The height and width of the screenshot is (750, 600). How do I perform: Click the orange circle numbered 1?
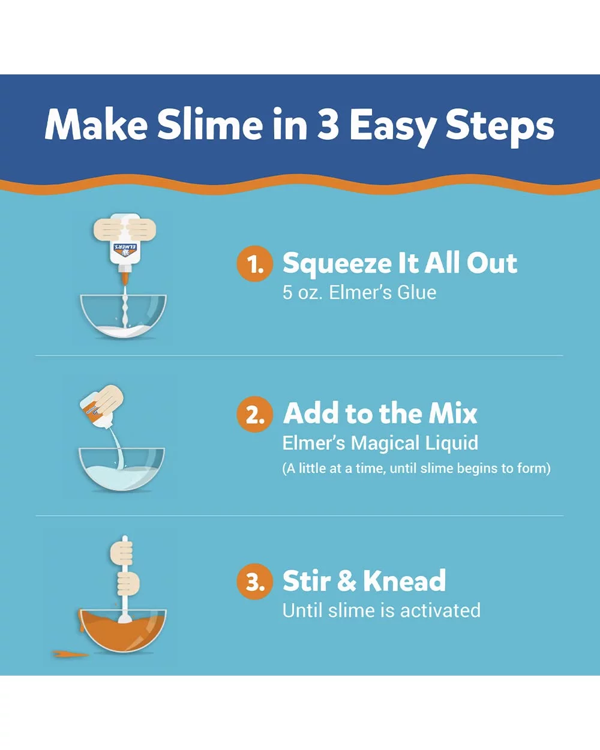[254, 263]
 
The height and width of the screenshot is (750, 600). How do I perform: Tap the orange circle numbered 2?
[254, 414]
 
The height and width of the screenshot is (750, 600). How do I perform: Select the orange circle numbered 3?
[254, 581]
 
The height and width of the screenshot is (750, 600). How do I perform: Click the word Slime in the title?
[210, 124]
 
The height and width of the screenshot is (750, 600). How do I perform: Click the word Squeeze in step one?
[337, 265]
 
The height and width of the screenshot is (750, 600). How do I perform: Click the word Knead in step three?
[404, 581]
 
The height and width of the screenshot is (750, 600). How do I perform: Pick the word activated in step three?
[440, 610]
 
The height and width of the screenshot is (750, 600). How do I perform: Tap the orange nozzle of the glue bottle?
[125, 278]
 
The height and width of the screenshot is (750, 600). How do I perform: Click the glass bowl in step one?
[124, 316]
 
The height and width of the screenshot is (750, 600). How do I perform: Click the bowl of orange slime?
[123, 630]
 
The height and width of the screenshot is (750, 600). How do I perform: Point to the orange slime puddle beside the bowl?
[70, 654]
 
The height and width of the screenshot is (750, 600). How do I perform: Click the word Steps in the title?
[500, 125]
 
